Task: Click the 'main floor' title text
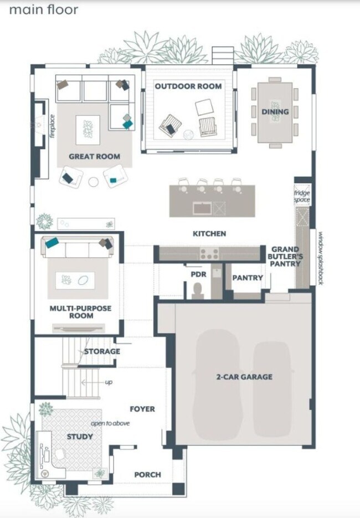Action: pos(44,10)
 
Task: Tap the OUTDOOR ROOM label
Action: pos(188,86)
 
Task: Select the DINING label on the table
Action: pos(275,112)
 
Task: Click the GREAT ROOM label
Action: pos(94,157)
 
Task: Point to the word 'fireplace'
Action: pos(52,126)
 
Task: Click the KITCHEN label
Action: pos(209,234)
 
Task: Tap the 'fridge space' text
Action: pos(302,196)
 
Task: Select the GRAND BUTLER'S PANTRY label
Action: pos(285,257)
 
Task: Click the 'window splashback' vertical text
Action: pos(320,258)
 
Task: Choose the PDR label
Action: pos(198,274)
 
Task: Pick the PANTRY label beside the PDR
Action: pos(247,278)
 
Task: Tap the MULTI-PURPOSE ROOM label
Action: pos(80,312)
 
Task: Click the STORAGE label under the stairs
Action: pos(102,351)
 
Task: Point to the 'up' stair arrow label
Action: pos(109,382)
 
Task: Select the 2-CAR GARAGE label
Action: pos(244,377)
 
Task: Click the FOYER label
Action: pos(142,409)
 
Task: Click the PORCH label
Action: pos(148,474)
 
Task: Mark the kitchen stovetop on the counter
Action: pos(209,254)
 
